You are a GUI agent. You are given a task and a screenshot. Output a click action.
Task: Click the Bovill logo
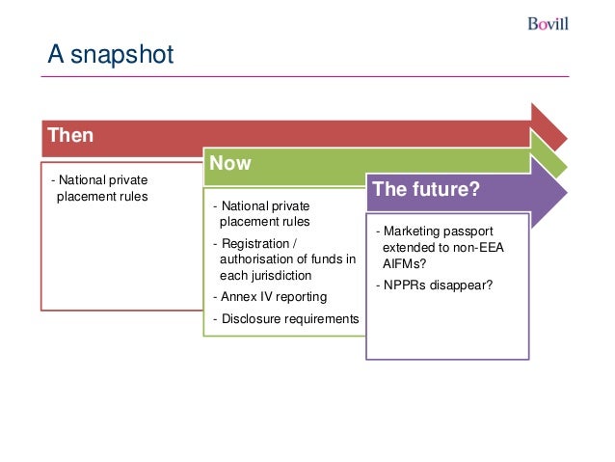point(548,24)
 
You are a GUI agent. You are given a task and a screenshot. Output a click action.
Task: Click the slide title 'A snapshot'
point(111,54)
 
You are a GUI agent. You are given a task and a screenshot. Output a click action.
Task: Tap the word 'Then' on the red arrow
point(70,135)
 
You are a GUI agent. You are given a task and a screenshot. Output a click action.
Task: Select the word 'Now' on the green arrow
point(230,163)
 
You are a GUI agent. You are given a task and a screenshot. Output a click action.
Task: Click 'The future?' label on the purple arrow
point(426,189)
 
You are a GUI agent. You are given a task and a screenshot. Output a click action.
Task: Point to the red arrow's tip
point(567,138)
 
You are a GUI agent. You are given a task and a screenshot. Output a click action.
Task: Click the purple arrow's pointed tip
point(567,193)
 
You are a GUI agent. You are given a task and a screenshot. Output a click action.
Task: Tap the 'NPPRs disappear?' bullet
point(434,285)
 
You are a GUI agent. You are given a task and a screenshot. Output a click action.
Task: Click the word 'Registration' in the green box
point(255,243)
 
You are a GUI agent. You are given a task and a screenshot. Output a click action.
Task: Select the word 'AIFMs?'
point(404,263)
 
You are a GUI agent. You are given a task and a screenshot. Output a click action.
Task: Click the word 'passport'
point(468,231)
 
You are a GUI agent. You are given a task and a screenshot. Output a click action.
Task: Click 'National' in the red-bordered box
point(82,179)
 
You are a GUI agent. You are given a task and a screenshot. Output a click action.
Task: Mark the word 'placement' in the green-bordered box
point(247,222)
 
